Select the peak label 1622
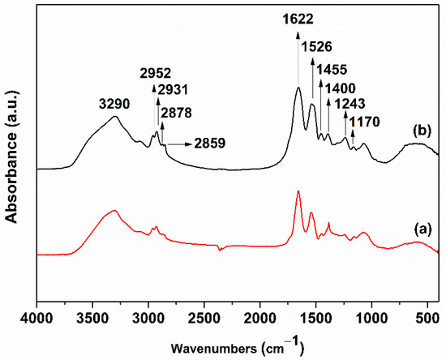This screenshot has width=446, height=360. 298,16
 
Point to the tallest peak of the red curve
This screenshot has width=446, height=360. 298,191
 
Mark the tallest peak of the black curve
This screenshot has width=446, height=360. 298,88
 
